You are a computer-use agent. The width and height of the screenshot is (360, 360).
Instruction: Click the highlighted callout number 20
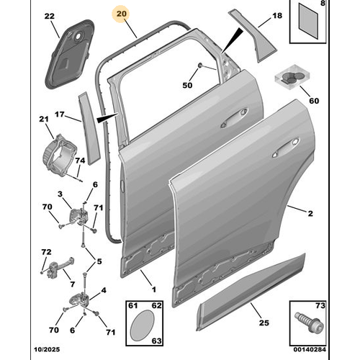[x=121, y=14]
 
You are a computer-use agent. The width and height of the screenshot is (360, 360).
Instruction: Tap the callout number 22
[x=50, y=16]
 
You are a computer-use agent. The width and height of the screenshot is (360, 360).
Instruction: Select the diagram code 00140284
[x=310, y=349]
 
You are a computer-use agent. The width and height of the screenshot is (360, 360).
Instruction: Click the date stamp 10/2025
[x=47, y=349]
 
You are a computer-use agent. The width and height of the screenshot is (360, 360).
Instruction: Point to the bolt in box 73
[x=309, y=323]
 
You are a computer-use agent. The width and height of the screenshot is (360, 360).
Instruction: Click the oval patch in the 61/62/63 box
[x=142, y=325]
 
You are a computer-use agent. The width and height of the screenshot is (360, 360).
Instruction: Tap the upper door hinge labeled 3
[x=78, y=216]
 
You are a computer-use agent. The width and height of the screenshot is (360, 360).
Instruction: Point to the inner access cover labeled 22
[x=69, y=55]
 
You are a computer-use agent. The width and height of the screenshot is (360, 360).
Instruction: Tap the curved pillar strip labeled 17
[x=88, y=128]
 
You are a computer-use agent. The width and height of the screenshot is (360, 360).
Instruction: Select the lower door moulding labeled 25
[x=250, y=292]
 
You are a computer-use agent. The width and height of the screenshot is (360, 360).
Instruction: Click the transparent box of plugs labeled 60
[x=292, y=77]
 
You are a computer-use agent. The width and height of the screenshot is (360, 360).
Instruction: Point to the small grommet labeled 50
[x=200, y=65]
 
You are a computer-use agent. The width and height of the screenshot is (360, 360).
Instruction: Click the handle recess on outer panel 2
[x=286, y=148]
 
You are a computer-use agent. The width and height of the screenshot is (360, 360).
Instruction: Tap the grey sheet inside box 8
[x=308, y=21]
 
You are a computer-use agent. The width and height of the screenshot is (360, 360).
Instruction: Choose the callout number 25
[x=264, y=323]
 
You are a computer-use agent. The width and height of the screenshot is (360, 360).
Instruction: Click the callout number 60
[x=314, y=101]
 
